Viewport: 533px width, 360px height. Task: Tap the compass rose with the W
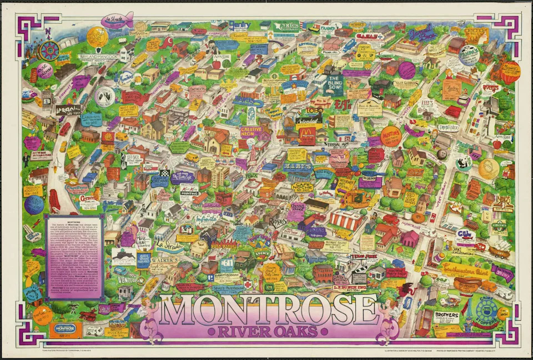coord(50,49)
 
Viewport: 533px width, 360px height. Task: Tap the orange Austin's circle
coord(391,136)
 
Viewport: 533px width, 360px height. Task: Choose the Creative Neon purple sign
coord(251,132)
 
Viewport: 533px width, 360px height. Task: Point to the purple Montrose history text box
coord(74,257)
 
